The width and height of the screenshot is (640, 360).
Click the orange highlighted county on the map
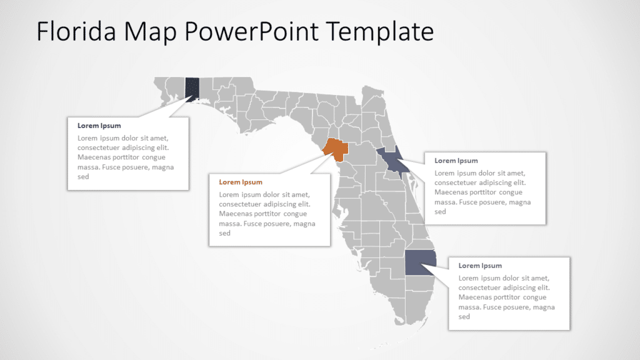click(x=336, y=148)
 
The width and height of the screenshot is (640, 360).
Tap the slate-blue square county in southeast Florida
click(x=417, y=263)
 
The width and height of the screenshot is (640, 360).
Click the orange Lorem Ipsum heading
click(x=240, y=182)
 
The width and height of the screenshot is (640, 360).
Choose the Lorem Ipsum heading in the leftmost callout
click(x=99, y=126)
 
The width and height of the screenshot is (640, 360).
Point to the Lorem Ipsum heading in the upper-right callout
click(x=456, y=161)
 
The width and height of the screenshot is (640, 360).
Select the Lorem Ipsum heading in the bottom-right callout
click(x=480, y=266)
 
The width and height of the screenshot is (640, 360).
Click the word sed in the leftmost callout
click(x=83, y=177)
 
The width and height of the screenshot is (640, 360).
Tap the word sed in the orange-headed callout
click(x=225, y=233)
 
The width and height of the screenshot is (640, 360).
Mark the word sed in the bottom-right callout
click(x=464, y=317)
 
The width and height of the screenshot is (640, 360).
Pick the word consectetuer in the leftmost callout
click(x=99, y=147)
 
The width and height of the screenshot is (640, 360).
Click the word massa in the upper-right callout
click(x=445, y=202)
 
